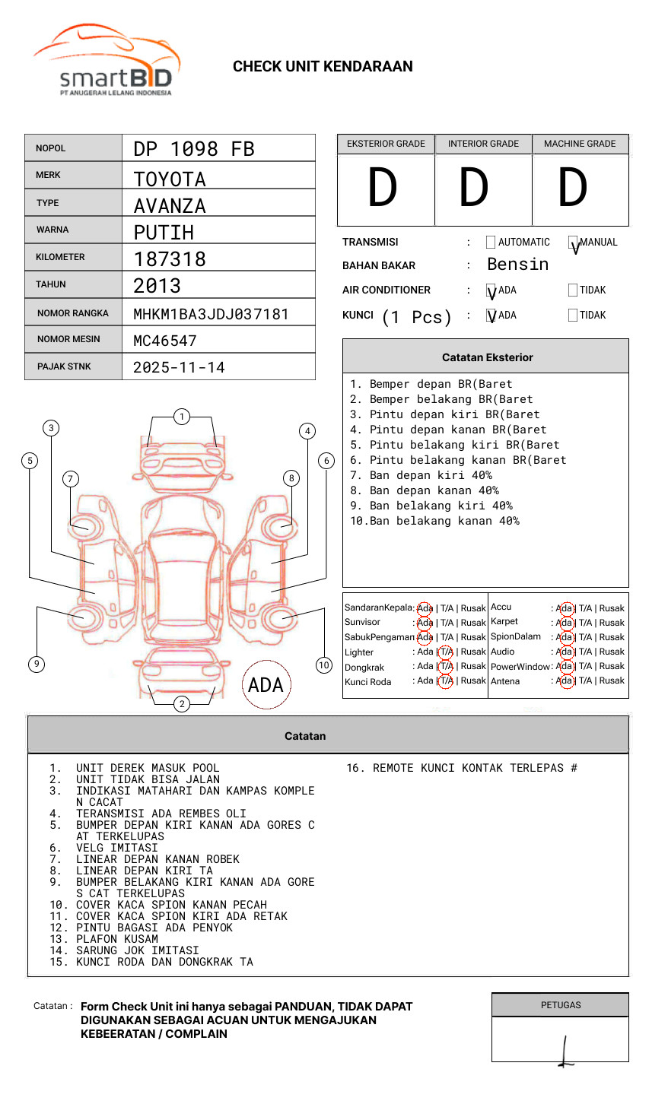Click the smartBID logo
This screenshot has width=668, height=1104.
[106, 62]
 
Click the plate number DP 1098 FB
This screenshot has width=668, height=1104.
[194, 149]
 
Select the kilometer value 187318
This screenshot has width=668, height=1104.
[170, 259]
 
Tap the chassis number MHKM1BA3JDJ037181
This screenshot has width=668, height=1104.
[211, 314]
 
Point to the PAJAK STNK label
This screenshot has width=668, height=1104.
[64, 366]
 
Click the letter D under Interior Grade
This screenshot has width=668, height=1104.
[473, 189]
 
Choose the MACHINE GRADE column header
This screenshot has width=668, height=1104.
[580, 144]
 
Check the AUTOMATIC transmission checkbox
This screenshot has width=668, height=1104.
[491, 243]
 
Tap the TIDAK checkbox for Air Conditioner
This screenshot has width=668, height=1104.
[573, 290]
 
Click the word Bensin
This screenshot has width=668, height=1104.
[517, 265]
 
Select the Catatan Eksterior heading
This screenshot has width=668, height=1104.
[487, 357]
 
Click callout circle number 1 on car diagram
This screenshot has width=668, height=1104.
[181, 417]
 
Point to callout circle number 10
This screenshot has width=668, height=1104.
[324, 665]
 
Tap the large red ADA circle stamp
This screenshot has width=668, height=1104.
[266, 685]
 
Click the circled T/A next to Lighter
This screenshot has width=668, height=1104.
[446, 652]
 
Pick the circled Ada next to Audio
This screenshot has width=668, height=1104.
[565, 652]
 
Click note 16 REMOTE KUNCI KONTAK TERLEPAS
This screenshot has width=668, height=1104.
[462, 768]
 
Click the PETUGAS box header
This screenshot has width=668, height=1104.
[561, 1005]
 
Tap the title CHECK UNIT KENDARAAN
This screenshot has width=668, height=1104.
[323, 67]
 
